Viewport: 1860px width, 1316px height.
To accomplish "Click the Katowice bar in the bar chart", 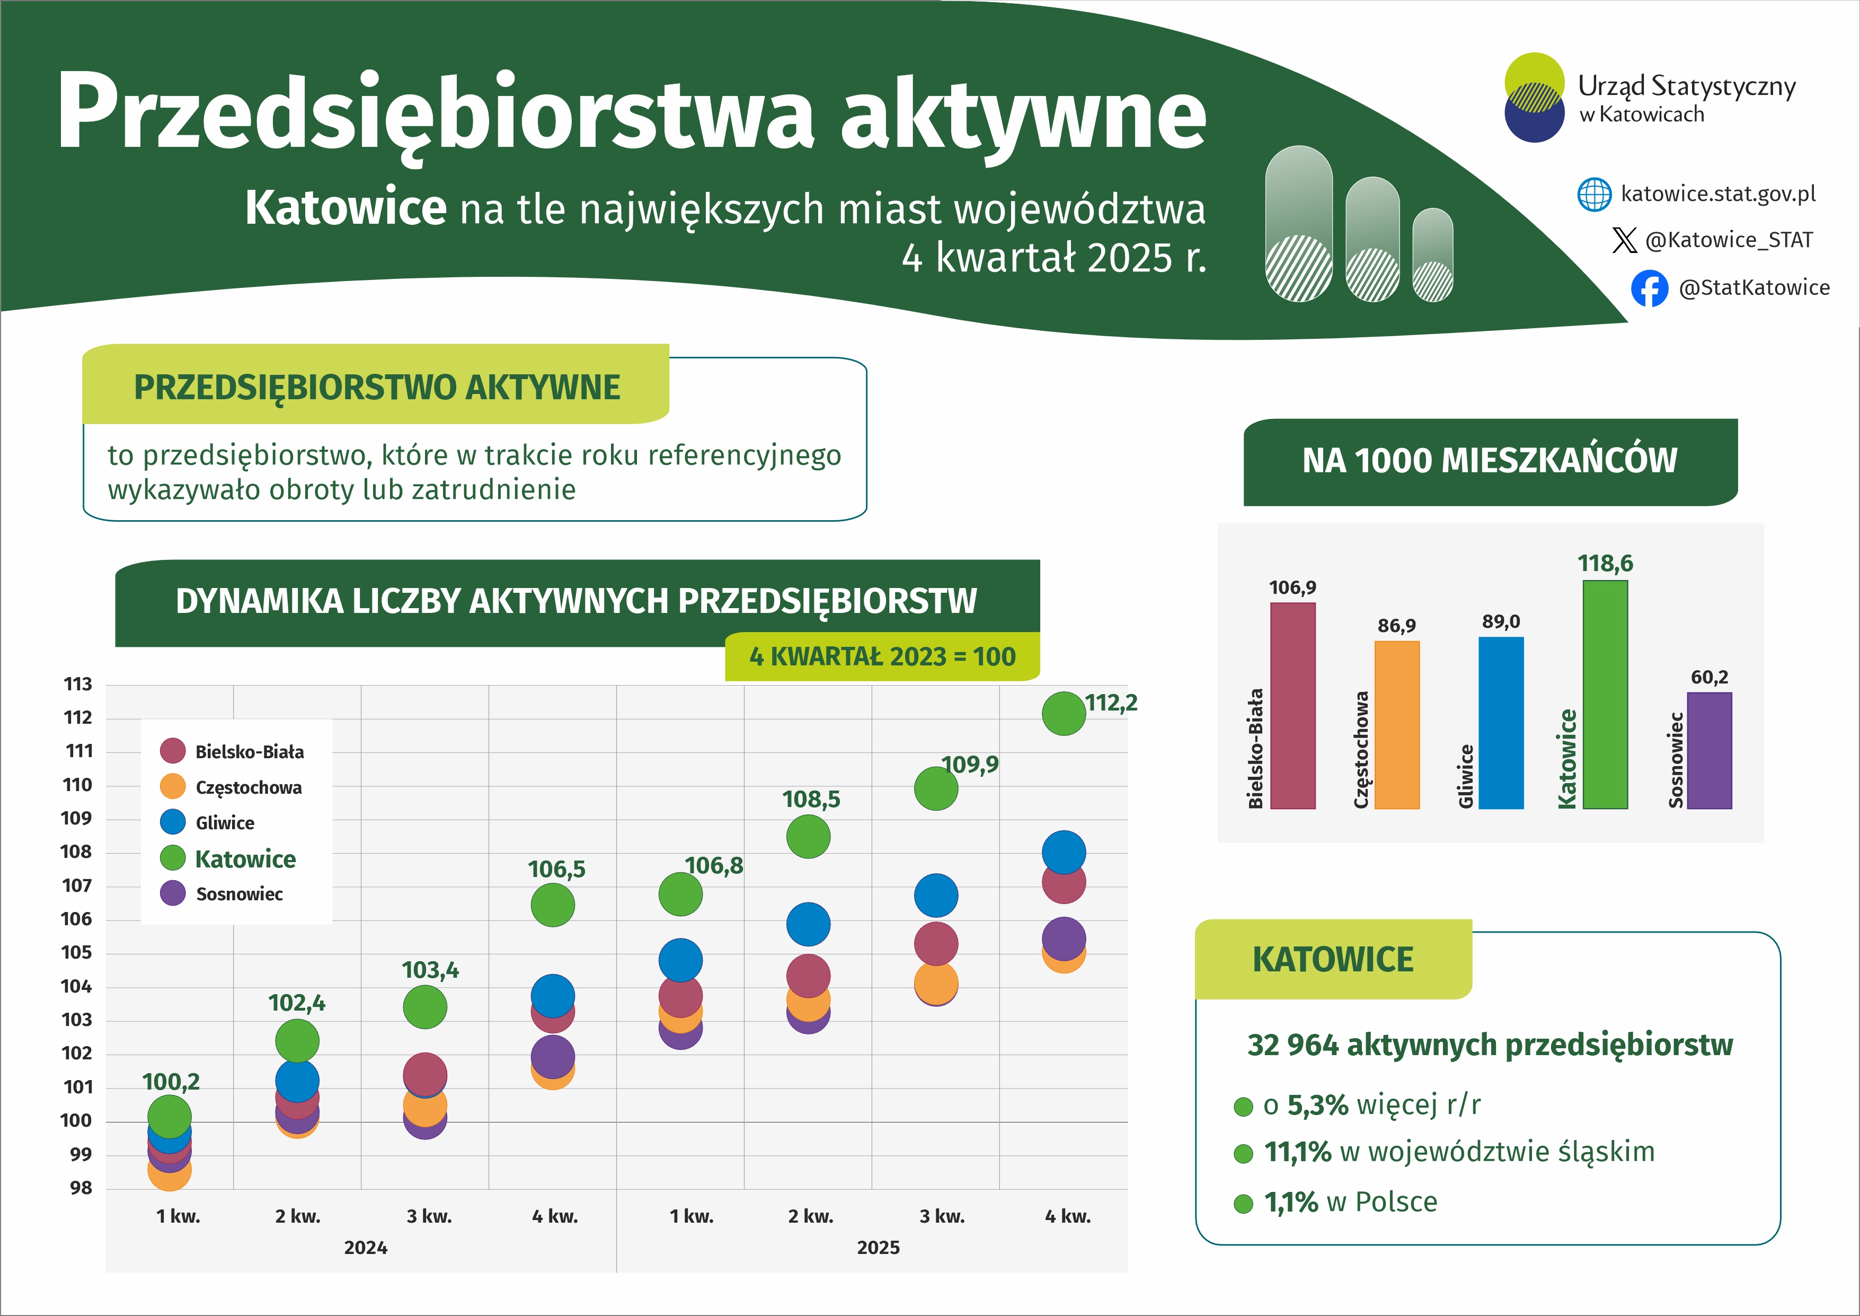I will [x=1605, y=695].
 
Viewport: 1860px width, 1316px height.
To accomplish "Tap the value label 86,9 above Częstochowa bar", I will [x=1397, y=626].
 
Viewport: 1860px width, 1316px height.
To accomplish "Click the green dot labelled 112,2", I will [x=1063, y=714].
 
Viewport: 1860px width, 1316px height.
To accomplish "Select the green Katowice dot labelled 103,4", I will [x=424, y=1007].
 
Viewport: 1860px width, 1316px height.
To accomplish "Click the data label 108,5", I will [x=811, y=800].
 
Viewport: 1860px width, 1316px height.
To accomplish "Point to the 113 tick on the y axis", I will [x=78, y=684].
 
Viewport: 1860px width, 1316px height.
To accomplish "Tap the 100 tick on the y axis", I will [x=76, y=1121].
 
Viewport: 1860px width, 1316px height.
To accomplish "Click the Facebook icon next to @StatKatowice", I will [x=1650, y=288].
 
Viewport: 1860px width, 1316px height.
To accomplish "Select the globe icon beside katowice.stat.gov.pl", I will [x=1595, y=195].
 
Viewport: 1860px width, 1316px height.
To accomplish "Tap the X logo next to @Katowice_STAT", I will [x=1624, y=240].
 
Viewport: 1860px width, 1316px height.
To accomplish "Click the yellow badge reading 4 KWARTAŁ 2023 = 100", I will [x=882, y=656].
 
